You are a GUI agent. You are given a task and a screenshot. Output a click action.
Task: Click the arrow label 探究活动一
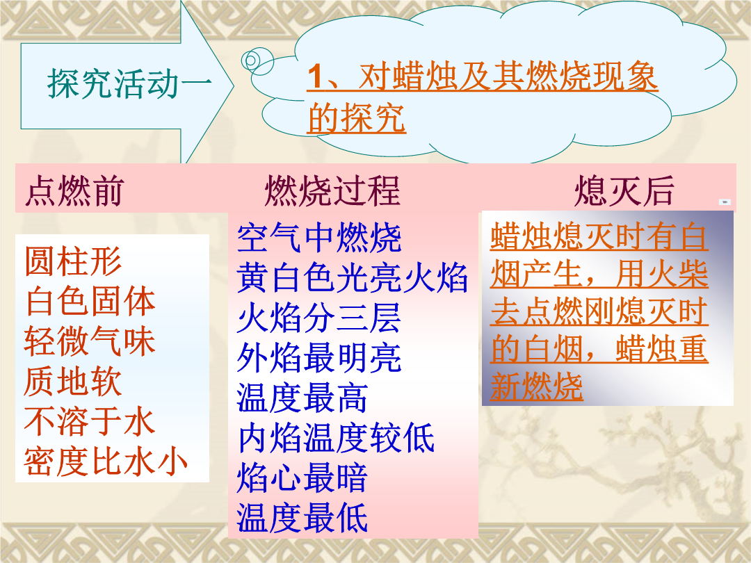click(129, 84)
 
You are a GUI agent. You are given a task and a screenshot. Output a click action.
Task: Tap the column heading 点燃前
click(74, 190)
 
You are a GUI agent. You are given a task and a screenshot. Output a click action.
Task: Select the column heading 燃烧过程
click(332, 190)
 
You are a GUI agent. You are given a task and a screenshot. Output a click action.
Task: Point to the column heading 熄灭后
click(624, 190)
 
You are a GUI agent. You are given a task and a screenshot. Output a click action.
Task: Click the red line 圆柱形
click(73, 261)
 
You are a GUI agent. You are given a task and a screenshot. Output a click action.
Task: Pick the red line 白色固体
click(90, 301)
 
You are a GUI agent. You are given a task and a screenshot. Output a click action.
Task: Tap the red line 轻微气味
click(90, 341)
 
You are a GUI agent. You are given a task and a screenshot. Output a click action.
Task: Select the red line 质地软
click(73, 382)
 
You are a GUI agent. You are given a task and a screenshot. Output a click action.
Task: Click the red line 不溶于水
click(90, 421)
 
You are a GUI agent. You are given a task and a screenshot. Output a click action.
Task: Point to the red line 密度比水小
click(106, 462)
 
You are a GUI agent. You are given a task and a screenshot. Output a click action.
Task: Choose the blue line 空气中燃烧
click(319, 238)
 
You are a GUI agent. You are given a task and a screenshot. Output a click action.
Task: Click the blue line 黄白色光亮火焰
click(352, 277)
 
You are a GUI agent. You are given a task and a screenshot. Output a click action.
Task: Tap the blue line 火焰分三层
click(319, 318)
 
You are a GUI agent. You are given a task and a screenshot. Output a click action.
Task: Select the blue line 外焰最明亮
click(319, 358)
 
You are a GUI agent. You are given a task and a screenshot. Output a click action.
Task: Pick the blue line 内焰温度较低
click(336, 438)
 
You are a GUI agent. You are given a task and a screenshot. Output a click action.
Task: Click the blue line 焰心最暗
click(302, 478)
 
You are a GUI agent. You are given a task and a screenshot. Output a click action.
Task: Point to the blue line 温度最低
click(302, 518)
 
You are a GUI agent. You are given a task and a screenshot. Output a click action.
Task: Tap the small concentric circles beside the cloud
click(257, 60)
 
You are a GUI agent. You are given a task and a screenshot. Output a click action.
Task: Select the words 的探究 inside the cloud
click(357, 117)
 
